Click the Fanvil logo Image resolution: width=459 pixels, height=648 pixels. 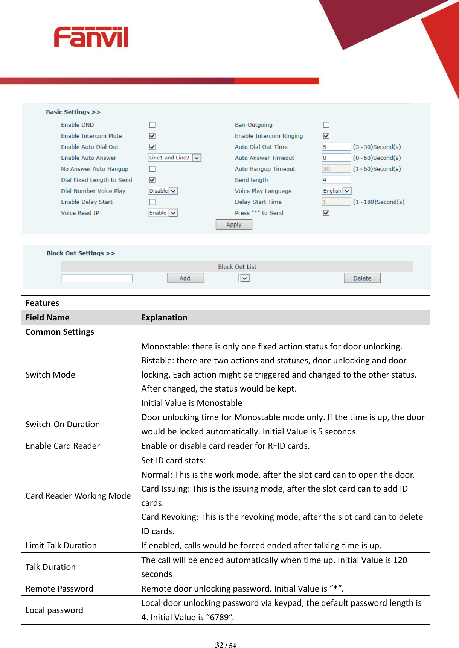coord(91,37)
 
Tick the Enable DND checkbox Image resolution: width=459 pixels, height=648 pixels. coord(152,125)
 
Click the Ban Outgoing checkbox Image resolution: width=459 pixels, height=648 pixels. coord(326,125)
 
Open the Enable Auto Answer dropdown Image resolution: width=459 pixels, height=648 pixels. coord(175,158)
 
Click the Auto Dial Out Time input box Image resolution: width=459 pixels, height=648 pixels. coord(336,147)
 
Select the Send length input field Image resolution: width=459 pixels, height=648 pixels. coord(336,180)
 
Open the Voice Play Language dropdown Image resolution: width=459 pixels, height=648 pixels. coord(336,191)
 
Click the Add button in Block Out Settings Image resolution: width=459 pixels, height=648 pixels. coord(185,278)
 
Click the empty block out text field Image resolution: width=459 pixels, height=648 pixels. coord(97,278)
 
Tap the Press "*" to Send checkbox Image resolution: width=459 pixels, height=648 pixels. coord(326,213)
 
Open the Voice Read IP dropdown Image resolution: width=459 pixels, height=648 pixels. coord(163,213)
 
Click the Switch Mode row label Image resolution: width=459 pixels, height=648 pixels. coord(50,375)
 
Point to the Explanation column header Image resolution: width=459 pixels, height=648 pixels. coord(164,318)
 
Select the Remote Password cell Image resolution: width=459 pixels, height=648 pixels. coord(59,589)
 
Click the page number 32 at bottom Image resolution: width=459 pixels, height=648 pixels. coord(219,645)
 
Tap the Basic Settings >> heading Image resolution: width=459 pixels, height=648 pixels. coord(73,112)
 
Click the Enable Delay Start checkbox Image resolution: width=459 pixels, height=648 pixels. coord(152,202)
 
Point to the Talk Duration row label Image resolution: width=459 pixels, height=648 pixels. coord(50,567)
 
